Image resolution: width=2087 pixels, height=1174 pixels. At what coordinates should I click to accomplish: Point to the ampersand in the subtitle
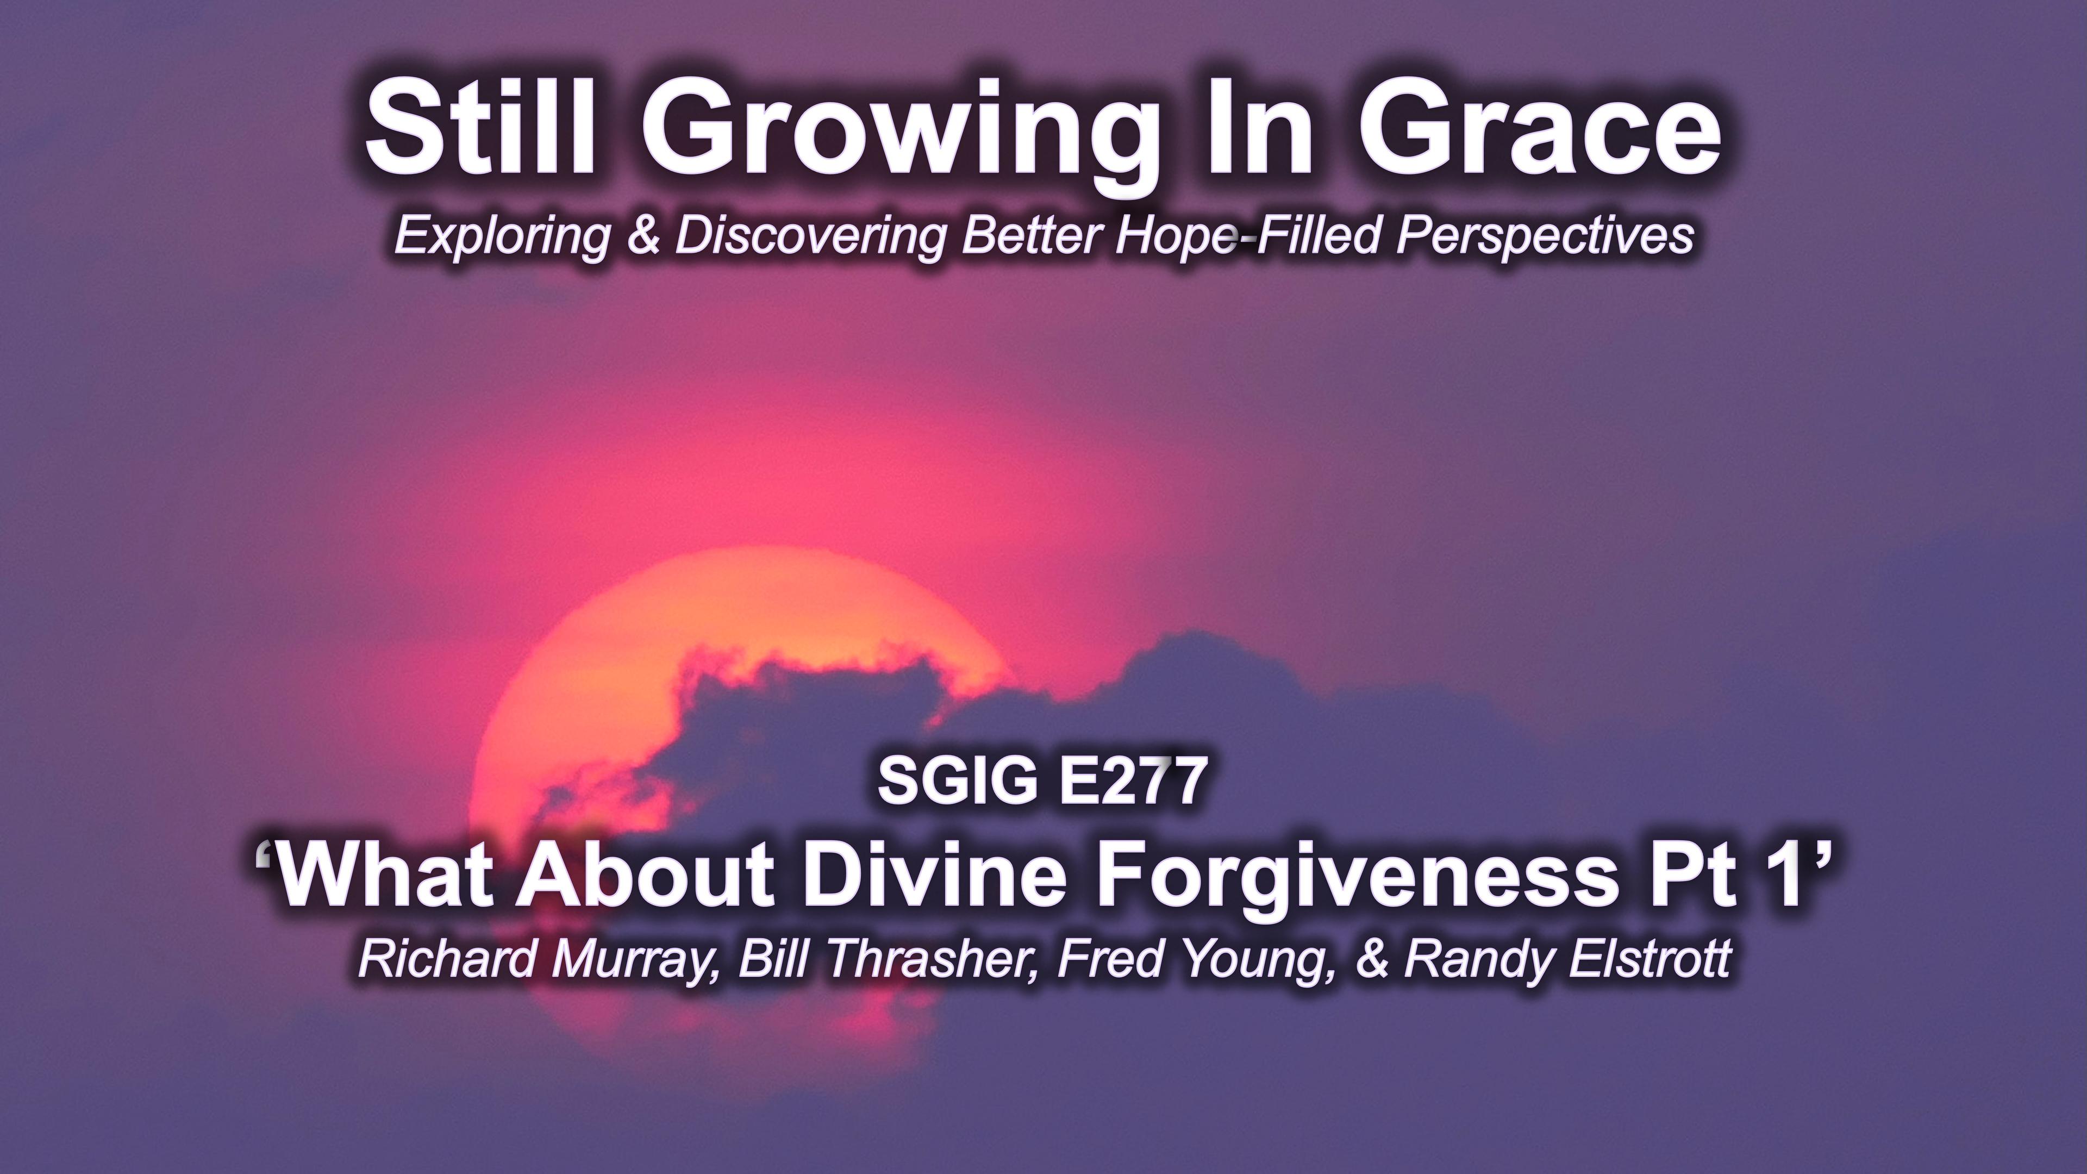click(644, 235)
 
